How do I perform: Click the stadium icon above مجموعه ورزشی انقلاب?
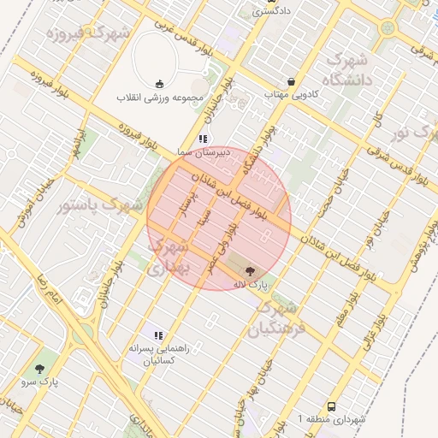[x=159, y=83]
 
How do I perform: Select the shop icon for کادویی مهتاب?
[x=292, y=82]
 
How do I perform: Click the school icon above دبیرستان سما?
[x=203, y=138]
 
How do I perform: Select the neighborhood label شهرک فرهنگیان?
[x=275, y=317]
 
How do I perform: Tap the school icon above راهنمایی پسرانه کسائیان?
[x=157, y=334]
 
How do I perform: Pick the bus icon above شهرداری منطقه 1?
[x=331, y=406]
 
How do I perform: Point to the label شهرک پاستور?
[x=93, y=206]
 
